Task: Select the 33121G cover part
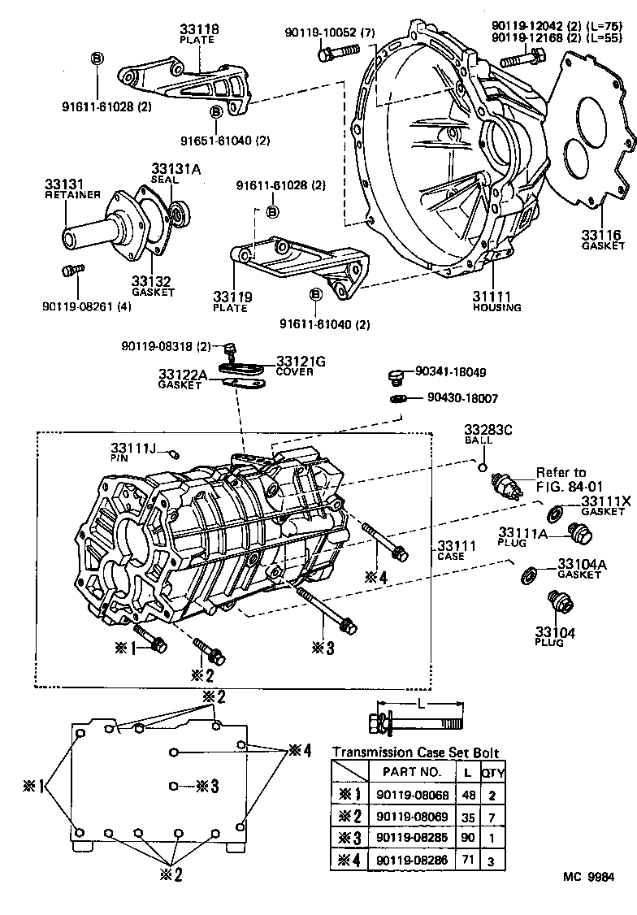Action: (x=245, y=366)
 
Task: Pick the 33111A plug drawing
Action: (x=583, y=536)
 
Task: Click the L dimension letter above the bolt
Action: (x=418, y=702)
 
